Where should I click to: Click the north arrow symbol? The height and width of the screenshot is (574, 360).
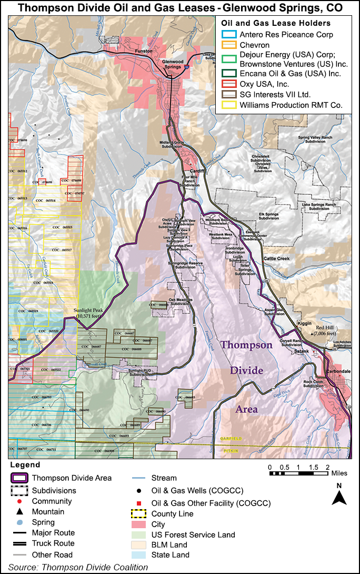339,497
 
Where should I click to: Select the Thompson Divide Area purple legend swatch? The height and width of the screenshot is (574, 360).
19,478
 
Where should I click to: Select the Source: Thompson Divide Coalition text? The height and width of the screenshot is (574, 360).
78,567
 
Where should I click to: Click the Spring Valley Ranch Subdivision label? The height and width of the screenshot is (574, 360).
313,140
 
